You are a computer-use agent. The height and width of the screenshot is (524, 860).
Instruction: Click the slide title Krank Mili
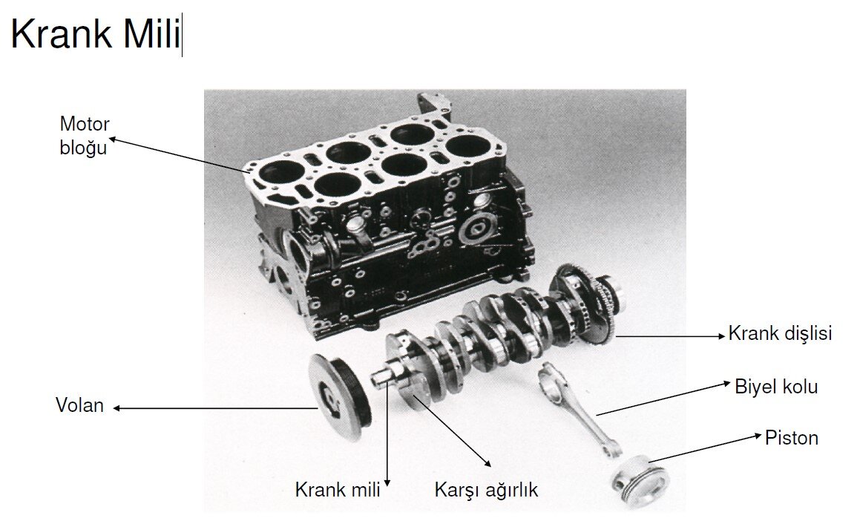pyautogui.click(x=96, y=34)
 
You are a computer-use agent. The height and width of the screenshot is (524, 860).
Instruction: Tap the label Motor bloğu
pyautogui.click(x=84, y=136)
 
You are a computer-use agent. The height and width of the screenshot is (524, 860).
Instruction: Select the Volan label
pyautogui.click(x=79, y=405)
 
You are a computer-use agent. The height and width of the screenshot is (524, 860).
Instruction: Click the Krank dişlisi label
pyautogui.click(x=780, y=333)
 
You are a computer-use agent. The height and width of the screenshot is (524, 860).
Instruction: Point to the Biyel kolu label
pyautogui.click(x=776, y=387)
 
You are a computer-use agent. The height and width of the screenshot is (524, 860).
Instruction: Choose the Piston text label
pyautogui.click(x=792, y=438)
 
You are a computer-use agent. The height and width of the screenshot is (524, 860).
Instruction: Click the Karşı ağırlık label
pyautogui.click(x=486, y=490)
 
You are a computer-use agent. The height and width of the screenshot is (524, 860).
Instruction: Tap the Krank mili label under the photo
pyautogui.click(x=338, y=489)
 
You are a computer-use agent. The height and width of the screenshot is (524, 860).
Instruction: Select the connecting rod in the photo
pyautogui.click(x=578, y=408)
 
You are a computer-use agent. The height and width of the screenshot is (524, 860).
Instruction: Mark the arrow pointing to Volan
pyautogui.click(x=215, y=408)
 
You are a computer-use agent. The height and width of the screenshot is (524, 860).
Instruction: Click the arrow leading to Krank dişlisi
pyautogui.click(x=670, y=335)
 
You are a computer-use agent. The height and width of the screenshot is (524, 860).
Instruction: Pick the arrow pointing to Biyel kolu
pyautogui.click(x=663, y=399)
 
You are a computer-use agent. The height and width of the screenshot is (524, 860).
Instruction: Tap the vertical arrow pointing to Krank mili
pyautogui.click(x=387, y=433)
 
